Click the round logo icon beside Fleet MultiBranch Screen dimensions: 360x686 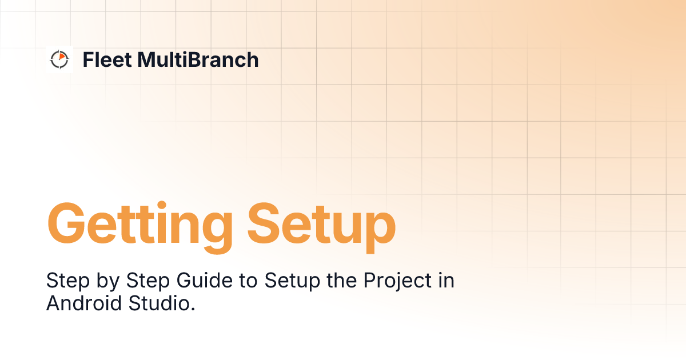click(59, 59)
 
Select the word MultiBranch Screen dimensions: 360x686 click(198, 59)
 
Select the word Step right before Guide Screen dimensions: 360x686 click(144, 282)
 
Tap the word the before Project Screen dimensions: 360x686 click(324, 281)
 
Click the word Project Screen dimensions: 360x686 click(378, 282)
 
